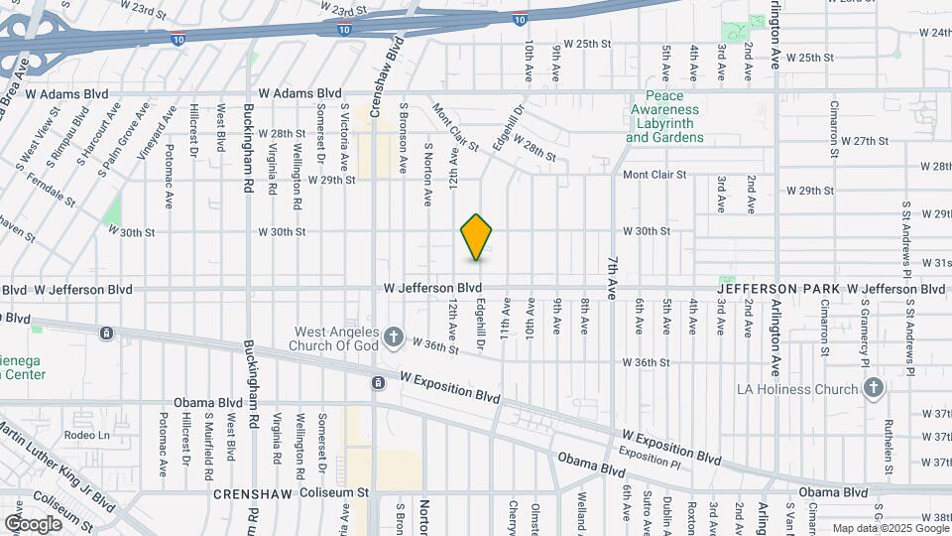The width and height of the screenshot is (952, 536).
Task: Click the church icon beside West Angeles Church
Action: coord(394,338)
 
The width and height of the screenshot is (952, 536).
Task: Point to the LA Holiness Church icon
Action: coord(873,389)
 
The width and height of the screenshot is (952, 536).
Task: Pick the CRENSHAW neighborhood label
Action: coord(248,492)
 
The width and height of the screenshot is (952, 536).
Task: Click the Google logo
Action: coord(34,523)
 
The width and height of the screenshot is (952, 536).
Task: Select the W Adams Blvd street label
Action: coord(67,93)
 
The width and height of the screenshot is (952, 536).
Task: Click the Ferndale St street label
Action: coord(48,194)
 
